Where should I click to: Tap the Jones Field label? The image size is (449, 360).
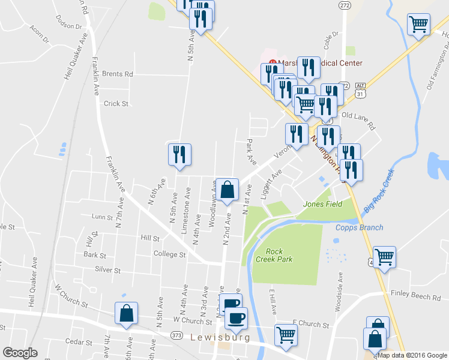point(322,204)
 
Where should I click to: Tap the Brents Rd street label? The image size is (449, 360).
point(117,74)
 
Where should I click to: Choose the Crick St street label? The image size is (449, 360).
point(116,103)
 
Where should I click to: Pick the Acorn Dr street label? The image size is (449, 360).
point(38,35)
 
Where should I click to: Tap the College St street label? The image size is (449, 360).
point(169,254)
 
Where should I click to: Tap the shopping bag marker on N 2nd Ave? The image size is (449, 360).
point(227,190)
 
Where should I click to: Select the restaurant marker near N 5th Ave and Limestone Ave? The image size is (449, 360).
point(179,155)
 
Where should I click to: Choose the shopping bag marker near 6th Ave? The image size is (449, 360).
point(126,313)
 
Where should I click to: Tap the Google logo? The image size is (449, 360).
point(20,353)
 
